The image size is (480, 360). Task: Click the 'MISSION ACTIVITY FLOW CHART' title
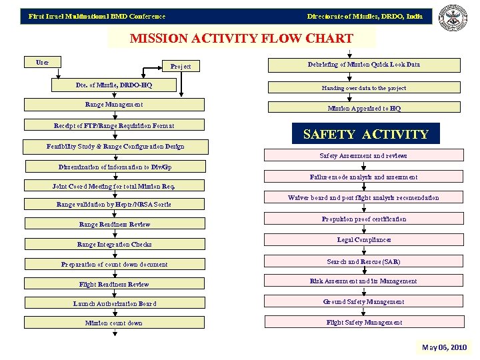pyautogui.click(x=241, y=38)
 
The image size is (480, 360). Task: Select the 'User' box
pyautogui.click(x=42, y=63)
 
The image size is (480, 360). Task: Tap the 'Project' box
pyautogui.click(x=181, y=66)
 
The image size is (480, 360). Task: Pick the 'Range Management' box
pyautogui.click(x=114, y=105)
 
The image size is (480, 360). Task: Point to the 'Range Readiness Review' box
pyautogui.click(x=114, y=225)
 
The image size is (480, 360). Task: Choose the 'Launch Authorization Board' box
pyautogui.click(x=114, y=304)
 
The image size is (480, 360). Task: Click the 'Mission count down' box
pyautogui.click(x=114, y=323)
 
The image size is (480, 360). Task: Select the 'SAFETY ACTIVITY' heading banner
pyautogui.click(x=365, y=134)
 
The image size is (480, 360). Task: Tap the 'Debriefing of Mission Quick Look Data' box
pyautogui.click(x=363, y=65)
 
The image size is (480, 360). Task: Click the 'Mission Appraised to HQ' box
pyautogui.click(x=363, y=108)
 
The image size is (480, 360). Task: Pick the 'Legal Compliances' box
pyautogui.click(x=363, y=240)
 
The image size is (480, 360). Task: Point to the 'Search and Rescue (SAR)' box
pyautogui.click(x=363, y=262)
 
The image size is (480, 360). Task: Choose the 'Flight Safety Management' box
pyautogui.click(x=363, y=323)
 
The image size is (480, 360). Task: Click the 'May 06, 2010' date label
pyautogui.click(x=445, y=347)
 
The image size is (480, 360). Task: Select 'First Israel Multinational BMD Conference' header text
pyautogui.click(x=97, y=16)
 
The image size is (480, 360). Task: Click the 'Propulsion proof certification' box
pyautogui.click(x=363, y=219)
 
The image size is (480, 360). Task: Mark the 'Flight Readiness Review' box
pyautogui.click(x=114, y=285)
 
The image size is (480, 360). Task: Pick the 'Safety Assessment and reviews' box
pyautogui.click(x=363, y=156)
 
